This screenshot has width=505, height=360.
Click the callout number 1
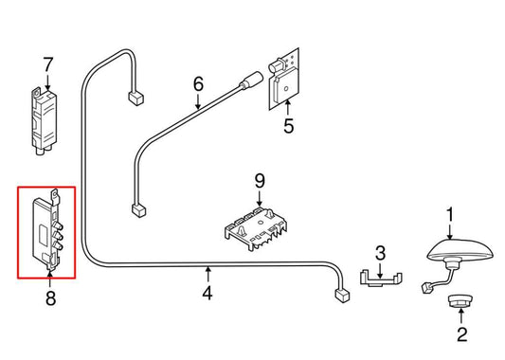[x=450, y=214]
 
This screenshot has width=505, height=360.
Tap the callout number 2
[x=461, y=334]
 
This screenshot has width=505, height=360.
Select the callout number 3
[x=380, y=253]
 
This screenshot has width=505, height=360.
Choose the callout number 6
[x=198, y=84]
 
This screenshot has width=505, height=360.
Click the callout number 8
[x=49, y=299]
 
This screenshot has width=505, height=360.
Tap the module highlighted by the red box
[x=46, y=232]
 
